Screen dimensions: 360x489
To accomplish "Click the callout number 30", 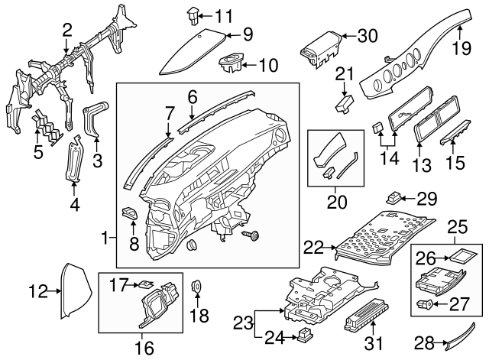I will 368,35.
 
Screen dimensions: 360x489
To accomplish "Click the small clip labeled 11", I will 192,13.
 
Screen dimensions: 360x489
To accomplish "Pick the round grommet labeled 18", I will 196,287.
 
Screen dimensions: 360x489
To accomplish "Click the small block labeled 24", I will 306,333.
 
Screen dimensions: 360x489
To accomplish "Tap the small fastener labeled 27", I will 425,304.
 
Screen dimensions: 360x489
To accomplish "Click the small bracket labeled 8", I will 129,216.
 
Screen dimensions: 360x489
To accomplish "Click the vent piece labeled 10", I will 230,63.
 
